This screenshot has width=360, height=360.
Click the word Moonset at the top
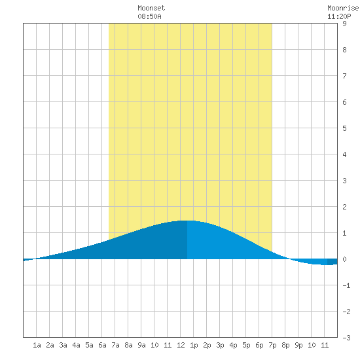click(151, 8)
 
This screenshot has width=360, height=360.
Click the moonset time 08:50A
click(149, 16)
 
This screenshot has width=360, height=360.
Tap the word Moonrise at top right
click(344, 8)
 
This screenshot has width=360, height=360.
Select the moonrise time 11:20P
click(339, 16)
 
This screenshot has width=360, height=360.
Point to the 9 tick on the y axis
click(344, 24)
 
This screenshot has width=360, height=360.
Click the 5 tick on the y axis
click(344, 128)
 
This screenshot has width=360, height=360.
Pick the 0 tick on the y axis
click(344, 259)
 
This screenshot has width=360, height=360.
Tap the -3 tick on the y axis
click(346, 338)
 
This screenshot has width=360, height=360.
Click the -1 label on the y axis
click(346, 285)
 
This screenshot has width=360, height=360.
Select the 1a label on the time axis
click(37, 345)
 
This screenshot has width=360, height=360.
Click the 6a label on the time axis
click(102, 345)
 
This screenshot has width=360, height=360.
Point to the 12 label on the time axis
click(181, 345)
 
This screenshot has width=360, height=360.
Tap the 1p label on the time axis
click(194, 345)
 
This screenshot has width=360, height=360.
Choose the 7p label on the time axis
click(272, 345)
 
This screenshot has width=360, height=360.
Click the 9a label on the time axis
click(141, 345)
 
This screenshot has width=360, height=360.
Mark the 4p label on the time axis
click(233, 345)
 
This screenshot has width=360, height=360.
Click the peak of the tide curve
click(187, 221)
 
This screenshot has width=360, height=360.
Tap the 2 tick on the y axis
click(344, 207)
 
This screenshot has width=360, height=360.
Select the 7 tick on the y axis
click(344, 76)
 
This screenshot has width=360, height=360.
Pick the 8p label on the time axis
click(285, 345)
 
